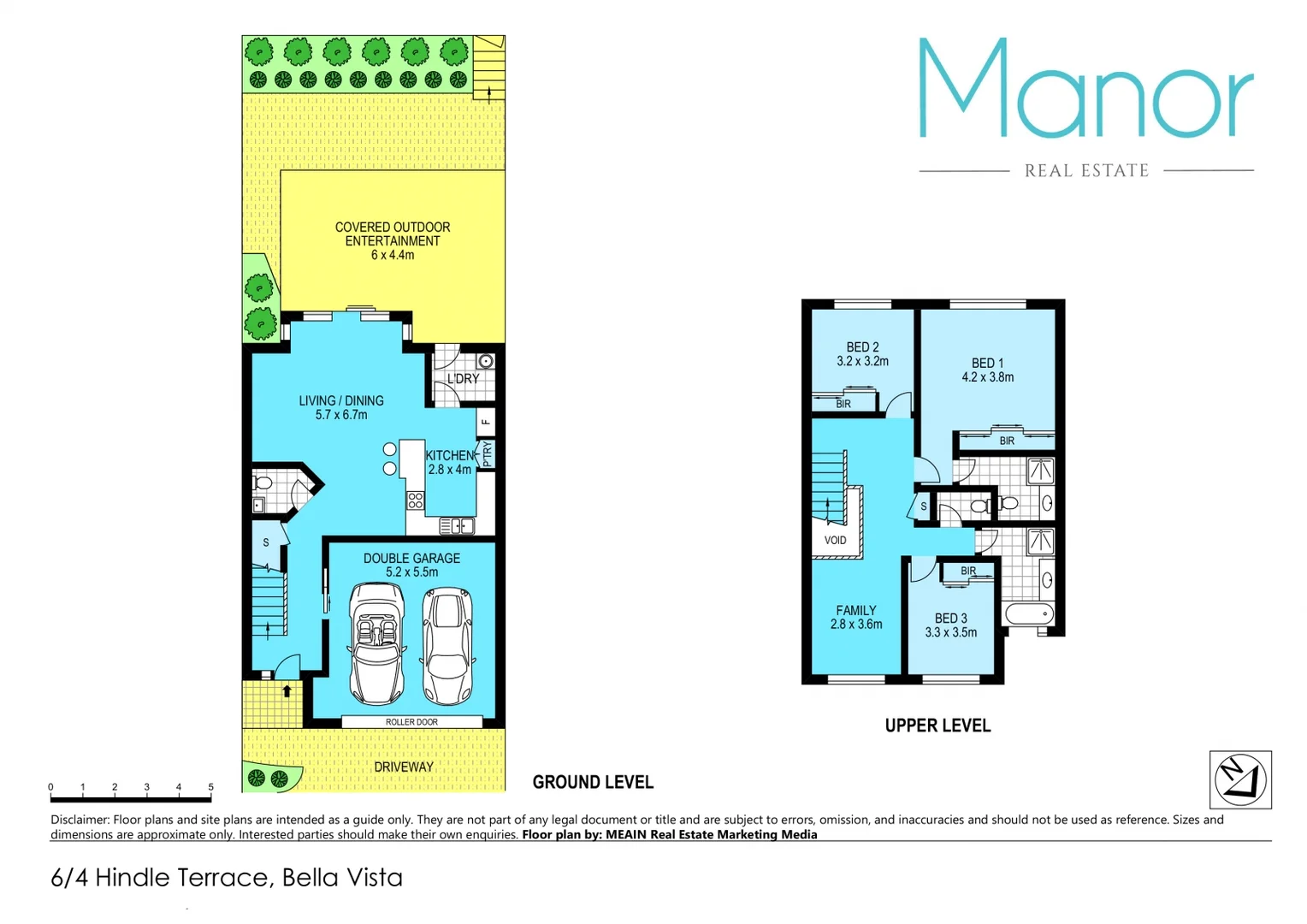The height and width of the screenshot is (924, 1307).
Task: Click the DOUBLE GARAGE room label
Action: [x=411, y=565]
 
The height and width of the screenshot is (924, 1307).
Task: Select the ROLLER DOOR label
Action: [x=411, y=722]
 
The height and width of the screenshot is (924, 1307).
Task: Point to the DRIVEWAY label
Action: [x=404, y=767]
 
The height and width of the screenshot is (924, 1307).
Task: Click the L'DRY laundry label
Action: [x=463, y=379]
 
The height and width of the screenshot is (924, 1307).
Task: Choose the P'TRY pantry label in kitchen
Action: [x=488, y=453]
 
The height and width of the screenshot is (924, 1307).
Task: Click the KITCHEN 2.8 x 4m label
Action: [x=449, y=462]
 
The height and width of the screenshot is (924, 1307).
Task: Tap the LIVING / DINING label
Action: [x=341, y=407]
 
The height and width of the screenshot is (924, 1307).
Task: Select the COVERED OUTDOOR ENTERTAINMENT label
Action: [x=393, y=240]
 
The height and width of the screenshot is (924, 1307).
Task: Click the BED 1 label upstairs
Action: [x=987, y=370]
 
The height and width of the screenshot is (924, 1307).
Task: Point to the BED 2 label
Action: [x=862, y=354]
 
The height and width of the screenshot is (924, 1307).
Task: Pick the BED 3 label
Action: [x=950, y=625]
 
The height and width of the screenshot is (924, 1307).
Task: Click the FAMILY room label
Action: [x=856, y=617]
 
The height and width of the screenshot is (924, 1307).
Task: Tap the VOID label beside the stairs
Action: [x=835, y=541]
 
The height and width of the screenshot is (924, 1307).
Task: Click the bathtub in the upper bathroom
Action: [x=1029, y=613]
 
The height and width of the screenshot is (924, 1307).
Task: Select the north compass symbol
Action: [x=1240, y=779]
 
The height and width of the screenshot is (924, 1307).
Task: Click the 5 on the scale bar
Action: [x=210, y=787]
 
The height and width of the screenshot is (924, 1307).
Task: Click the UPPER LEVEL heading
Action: [x=937, y=726]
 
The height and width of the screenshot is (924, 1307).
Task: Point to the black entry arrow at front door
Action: [x=287, y=690]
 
